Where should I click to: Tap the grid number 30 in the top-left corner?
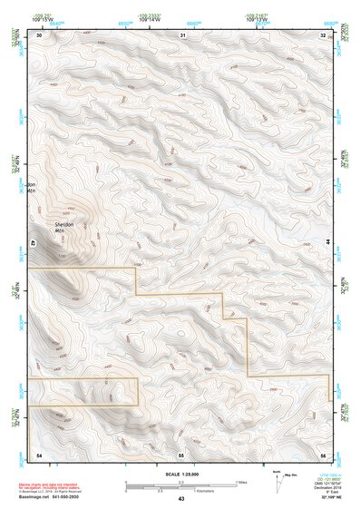(39, 34)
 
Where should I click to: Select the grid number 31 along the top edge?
(182, 34)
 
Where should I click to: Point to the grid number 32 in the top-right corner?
(324, 34)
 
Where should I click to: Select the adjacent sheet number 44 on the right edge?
(326, 242)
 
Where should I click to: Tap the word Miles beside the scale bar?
(241, 482)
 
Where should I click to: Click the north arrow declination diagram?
(276, 478)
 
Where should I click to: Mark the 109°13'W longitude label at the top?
(258, 17)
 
